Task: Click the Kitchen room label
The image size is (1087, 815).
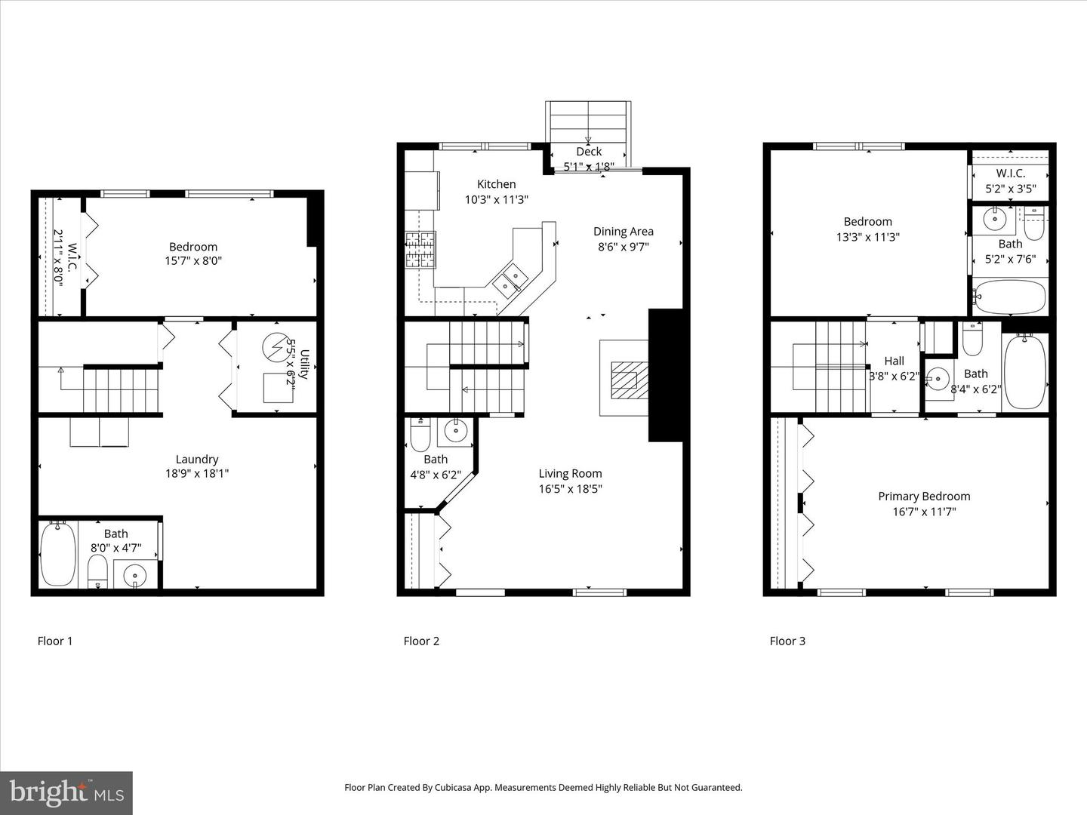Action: click(x=496, y=184)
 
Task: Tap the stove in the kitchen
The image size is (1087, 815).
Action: click(x=420, y=250)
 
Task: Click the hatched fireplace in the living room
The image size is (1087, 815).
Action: click(x=625, y=379)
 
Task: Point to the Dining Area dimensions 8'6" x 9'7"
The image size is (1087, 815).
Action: click(x=623, y=247)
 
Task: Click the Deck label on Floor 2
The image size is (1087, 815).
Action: click(x=589, y=152)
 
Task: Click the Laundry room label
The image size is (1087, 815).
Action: click(x=197, y=459)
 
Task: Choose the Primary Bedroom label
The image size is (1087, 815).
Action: click(x=924, y=496)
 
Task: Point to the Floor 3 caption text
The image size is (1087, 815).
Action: click(x=787, y=641)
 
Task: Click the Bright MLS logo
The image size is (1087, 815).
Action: click(x=66, y=792)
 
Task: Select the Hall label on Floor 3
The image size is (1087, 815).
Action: click(x=894, y=361)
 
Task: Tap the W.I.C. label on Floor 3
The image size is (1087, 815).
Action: click(x=1010, y=174)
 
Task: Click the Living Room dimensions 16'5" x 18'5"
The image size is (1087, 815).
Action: click(x=570, y=489)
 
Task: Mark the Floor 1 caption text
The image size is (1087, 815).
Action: click(x=55, y=641)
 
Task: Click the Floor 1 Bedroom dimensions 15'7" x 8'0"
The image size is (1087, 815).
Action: click(x=193, y=262)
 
